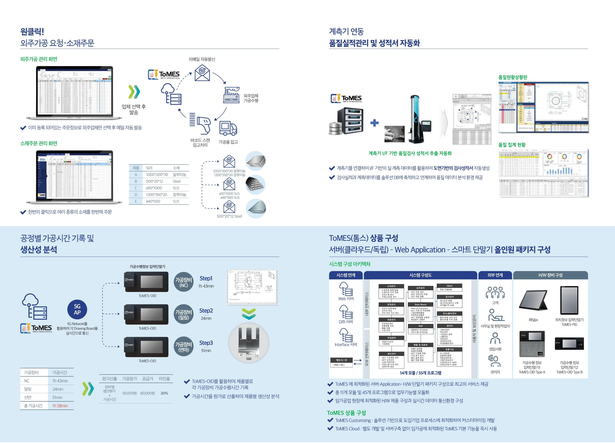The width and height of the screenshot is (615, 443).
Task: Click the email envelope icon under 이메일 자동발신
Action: (202, 73)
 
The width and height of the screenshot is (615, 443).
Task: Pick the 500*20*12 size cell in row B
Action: (154, 181)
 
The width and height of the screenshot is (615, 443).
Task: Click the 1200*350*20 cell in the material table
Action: (156, 195)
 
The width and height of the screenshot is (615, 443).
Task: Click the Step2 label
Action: (206, 311)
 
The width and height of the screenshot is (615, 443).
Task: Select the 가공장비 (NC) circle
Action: (184, 282)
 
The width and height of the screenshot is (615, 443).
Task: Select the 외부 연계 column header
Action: (495, 275)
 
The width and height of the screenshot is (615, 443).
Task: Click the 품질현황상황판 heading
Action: (512, 77)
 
